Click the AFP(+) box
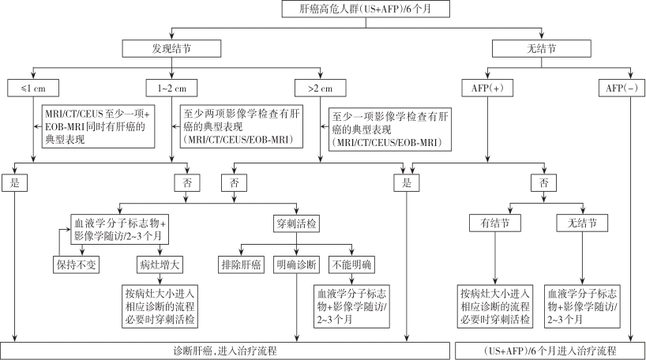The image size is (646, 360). pyautogui.click(x=486, y=88)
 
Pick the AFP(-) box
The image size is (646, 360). pyautogui.click(x=620, y=88)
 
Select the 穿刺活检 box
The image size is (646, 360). pyautogui.click(x=297, y=223)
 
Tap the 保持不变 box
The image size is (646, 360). pyautogui.click(x=76, y=264)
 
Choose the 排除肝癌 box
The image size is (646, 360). pyautogui.click(x=241, y=264)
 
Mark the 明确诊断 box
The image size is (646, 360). pyautogui.click(x=295, y=264)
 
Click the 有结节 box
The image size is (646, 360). pyautogui.click(x=494, y=223)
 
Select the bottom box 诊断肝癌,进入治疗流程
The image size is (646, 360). pyautogui.click(x=226, y=350)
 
